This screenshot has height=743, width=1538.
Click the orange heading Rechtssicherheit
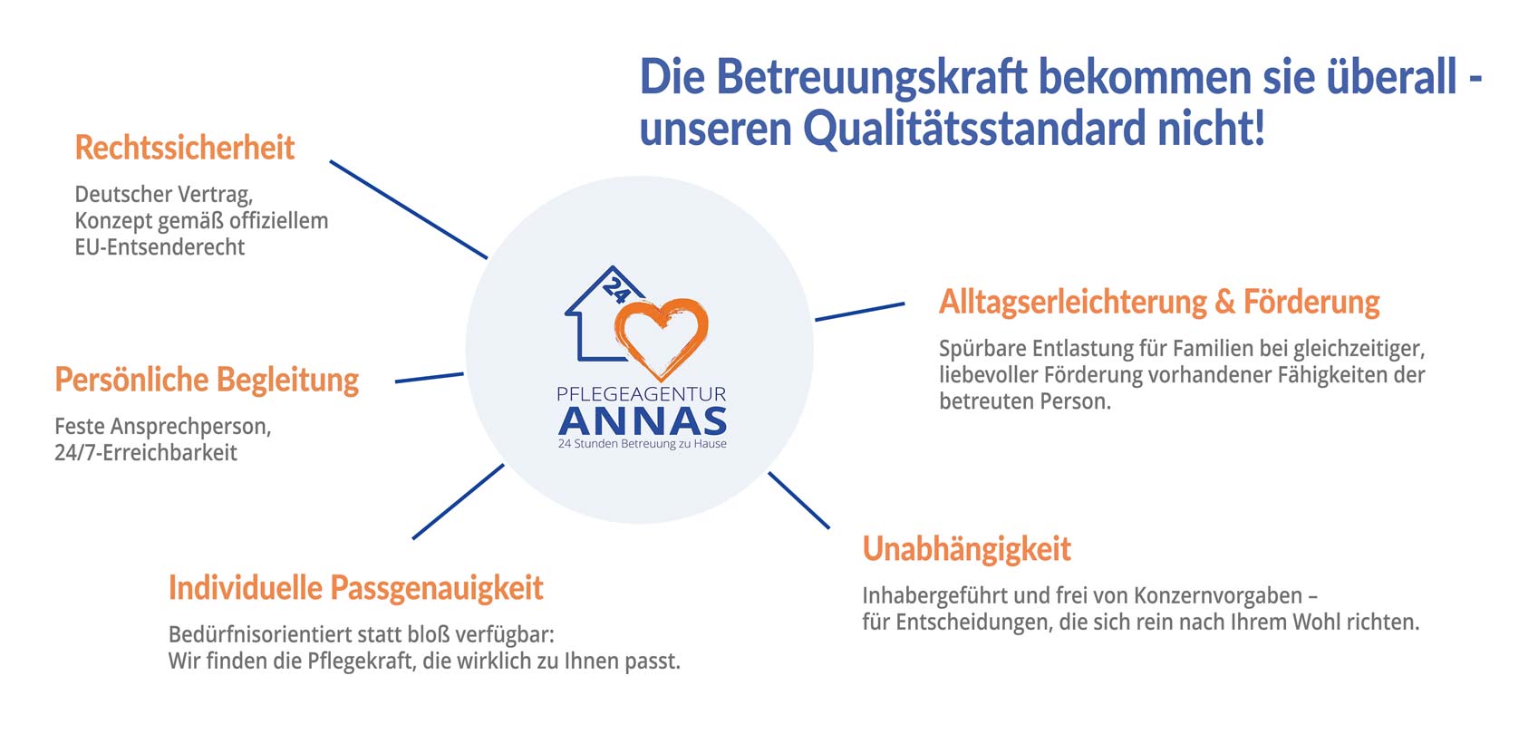coord(185,148)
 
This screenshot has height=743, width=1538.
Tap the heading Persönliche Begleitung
coord(207,380)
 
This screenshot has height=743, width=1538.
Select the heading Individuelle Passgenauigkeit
coord(355,588)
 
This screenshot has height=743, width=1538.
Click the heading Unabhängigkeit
coord(967,549)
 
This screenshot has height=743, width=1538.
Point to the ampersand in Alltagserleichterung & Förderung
coord(1224,302)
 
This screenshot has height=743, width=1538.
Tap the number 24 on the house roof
coord(616,290)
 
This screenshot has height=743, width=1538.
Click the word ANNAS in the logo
coord(643,421)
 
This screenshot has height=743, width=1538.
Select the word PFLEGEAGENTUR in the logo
coord(642,394)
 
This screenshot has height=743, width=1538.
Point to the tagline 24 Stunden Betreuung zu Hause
coord(642,444)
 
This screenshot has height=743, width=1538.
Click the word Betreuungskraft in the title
coord(871,77)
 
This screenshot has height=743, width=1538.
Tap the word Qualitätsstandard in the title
coord(974,129)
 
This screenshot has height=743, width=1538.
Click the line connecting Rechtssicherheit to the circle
coord(409,209)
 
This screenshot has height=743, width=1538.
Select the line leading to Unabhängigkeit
coord(798,500)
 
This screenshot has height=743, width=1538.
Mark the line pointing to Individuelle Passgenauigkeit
coord(458,501)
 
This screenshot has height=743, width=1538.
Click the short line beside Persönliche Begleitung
coord(429,378)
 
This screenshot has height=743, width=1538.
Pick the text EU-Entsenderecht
coord(160,247)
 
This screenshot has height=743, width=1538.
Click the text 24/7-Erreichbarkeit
coord(146,453)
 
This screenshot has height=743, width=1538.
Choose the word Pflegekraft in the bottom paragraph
coord(361,661)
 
